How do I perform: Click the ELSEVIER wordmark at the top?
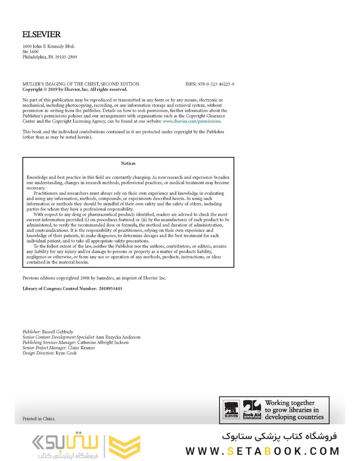41,35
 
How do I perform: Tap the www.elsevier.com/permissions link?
192,121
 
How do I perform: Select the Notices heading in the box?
128,163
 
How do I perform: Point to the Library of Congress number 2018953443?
110,289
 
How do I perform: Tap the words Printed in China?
38,419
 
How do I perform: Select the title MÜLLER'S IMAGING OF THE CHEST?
81,84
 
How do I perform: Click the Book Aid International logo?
252,410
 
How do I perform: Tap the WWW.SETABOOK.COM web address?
262,451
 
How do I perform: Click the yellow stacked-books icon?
124,447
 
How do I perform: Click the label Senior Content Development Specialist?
55,337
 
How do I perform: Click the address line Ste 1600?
30,52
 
